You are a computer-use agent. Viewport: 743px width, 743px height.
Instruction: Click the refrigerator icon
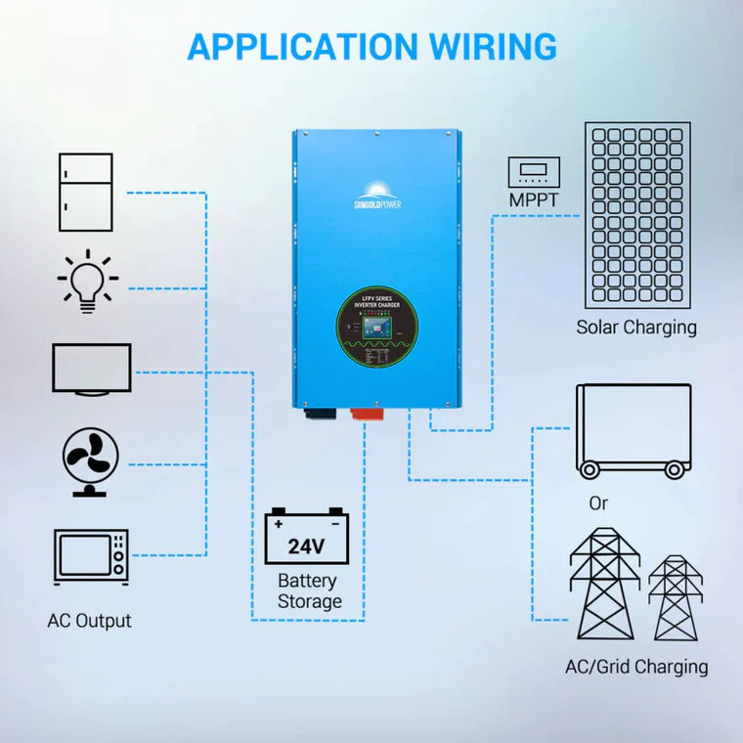click(85, 193)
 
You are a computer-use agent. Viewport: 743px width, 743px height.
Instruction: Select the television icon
click(91, 370)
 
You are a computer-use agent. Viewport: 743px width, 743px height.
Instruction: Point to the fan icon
click(91, 462)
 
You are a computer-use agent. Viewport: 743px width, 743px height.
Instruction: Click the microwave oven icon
click(91, 557)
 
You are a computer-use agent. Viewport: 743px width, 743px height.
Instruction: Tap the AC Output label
click(89, 621)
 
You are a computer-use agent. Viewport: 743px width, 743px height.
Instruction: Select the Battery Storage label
click(309, 590)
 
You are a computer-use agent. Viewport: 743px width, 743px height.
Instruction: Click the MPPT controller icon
click(534, 172)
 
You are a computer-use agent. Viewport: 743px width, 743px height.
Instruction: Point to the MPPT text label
click(534, 200)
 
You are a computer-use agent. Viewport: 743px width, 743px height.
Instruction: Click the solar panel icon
click(636, 214)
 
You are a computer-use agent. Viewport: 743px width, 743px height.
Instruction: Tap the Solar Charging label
click(636, 328)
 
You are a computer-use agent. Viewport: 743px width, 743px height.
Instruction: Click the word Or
click(598, 503)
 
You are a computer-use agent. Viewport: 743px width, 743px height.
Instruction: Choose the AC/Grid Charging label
click(636, 667)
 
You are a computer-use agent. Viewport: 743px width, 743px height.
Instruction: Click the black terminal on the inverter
click(317, 413)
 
